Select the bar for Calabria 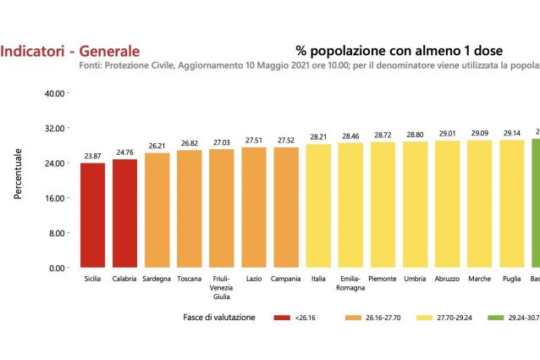point(125,213)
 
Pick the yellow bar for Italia point(319,206)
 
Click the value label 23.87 point(93,156)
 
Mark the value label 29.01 point(448,134)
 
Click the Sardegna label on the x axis point(157,279)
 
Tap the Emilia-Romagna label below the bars point(351,283)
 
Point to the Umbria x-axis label point(416,279)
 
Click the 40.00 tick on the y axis point(54,93)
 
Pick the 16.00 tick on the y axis point(54,198)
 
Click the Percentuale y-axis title point(18,173)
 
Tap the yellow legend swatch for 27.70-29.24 point(427,318)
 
